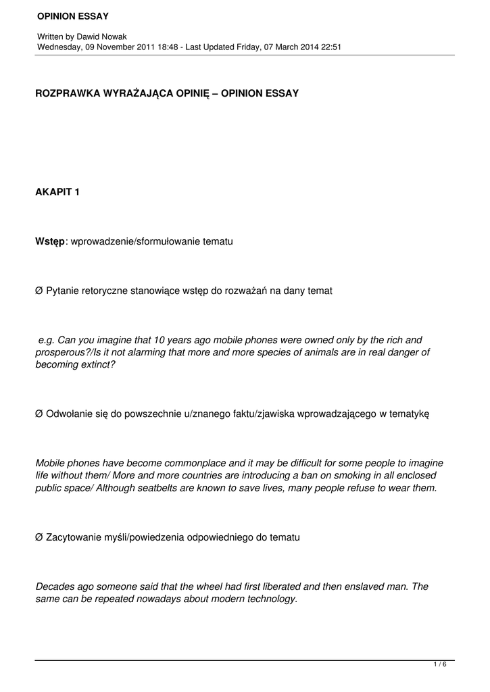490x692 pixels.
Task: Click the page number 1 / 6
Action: click(439, 665)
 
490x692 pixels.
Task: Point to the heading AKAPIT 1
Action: click(57, 193)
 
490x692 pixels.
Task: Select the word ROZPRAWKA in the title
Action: click(66, 93)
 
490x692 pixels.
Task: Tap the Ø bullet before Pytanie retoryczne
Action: click(39, 291)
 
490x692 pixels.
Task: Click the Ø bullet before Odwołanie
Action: click(39, 414)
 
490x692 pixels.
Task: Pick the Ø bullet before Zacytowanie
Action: click(39, 537)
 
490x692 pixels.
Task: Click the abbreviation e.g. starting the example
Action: click(47, 340)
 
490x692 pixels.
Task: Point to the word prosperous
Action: click(59, 352)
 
